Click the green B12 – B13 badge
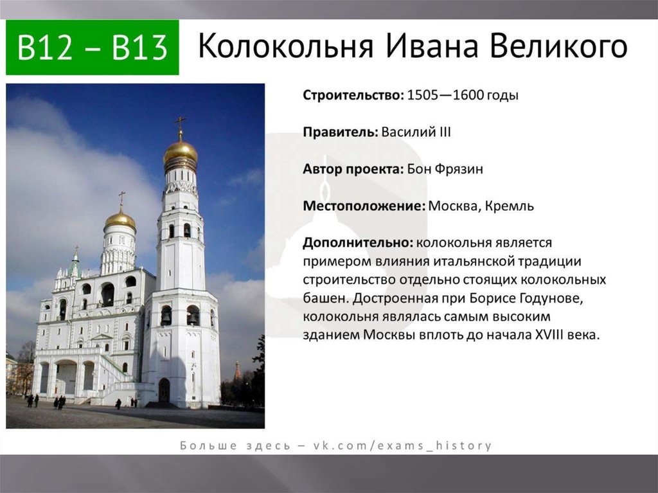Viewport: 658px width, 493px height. click(x=93, y=48)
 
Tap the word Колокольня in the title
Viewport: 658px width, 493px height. click(x=286, y=46)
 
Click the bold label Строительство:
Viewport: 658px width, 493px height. click(x=353, y=95)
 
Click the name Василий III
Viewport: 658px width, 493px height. click(x=416, y=132)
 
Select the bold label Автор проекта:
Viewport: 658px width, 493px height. click(x=353, y=169)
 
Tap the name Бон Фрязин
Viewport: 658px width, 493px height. click(x=445, y=169)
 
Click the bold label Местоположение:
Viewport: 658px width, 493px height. click(x=364, y=206)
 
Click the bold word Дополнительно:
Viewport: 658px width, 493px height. click(x=359, y=243)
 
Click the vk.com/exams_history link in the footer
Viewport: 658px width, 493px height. click(x=402, y=445)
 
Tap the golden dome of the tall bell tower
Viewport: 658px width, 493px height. click(x=181, y=152)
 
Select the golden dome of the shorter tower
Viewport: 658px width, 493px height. click(x=120, y=220)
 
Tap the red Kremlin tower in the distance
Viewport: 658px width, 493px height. click(x=238, y=372)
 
